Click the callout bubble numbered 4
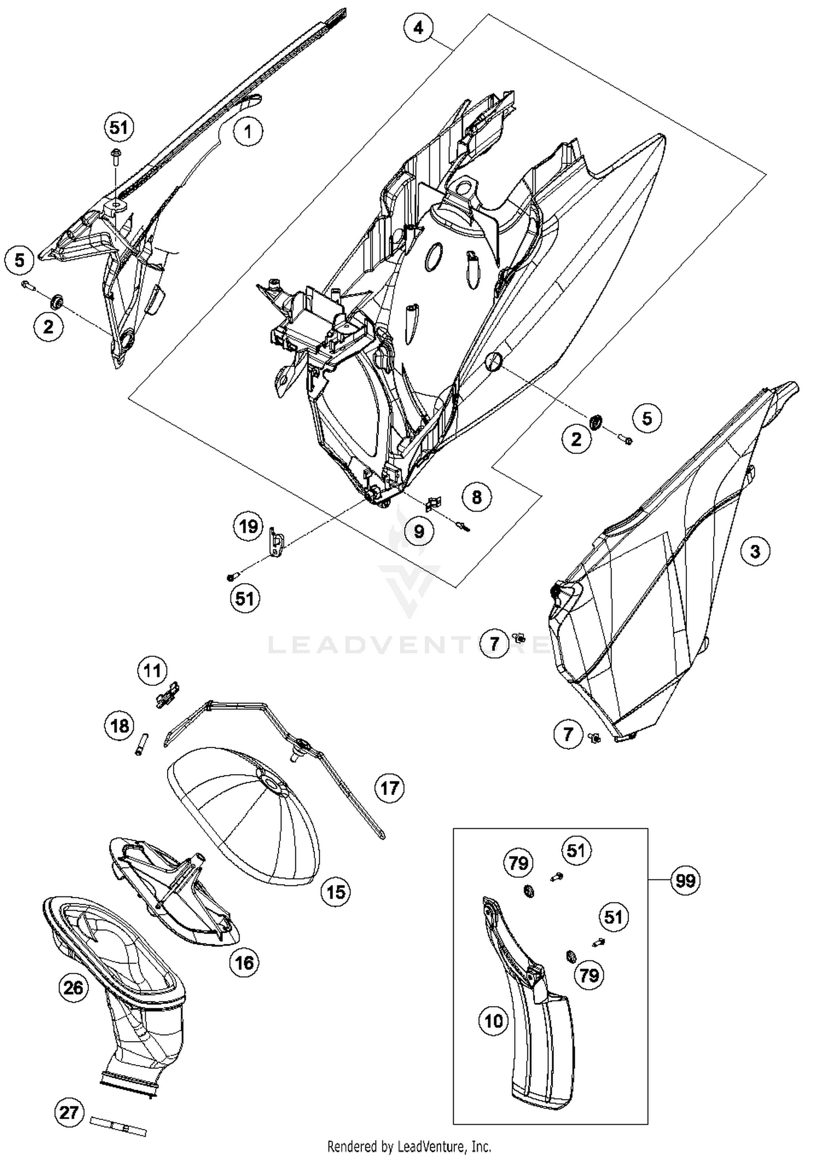[x=418, y=27]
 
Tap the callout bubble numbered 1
[x=248, y=132]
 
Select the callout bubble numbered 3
[x=755, y=551]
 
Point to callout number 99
[x=686, y=881]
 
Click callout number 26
[x=74, y=987]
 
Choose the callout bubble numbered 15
[x=336, y=892]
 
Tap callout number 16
[x=244, y=962]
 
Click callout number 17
[x=389, y=788]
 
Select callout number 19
[x=248, y=527]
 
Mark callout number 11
[x=152, y=670]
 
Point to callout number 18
[x=120, y=726]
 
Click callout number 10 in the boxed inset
[x=494, y=1021]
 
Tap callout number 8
[x=477, y=497]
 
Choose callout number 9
[x=419, y=531]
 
